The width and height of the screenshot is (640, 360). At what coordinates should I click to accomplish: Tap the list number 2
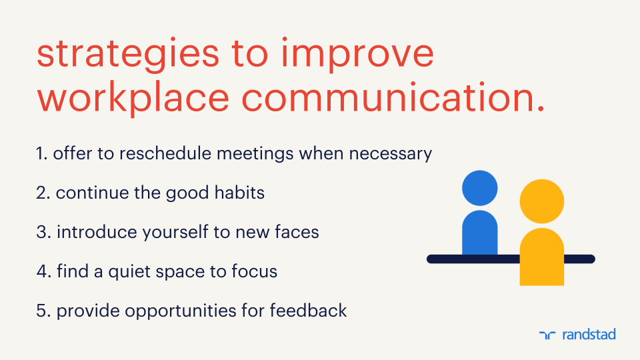pos(43,193)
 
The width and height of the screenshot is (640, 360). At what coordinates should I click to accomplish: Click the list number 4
pos(43,272)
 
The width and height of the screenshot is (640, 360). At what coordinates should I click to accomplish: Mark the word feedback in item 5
pos(313,311)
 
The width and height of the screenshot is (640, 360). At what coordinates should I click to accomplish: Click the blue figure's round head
pos(480,188)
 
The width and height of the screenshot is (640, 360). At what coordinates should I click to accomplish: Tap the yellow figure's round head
pos(541,201)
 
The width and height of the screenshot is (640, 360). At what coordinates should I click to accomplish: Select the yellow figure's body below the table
pos(541,273)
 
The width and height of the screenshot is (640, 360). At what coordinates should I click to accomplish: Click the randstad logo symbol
pos(547,335)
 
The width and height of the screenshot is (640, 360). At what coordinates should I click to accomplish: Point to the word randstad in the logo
pos(588,334)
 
